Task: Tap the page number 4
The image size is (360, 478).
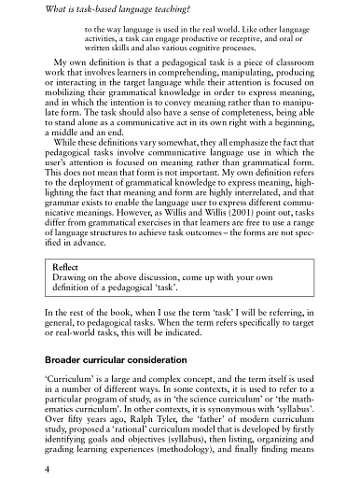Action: click(35, 466)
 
